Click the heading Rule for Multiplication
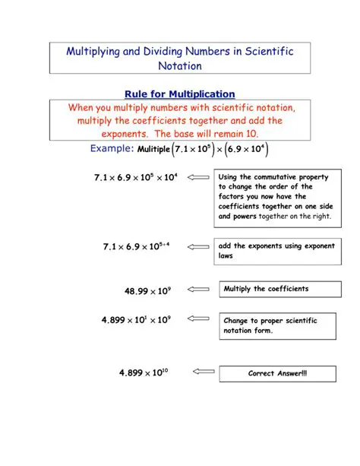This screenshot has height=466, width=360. pos(179,94)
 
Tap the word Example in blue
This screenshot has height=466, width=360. pos(112,148)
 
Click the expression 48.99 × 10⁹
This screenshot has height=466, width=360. pos(147,290)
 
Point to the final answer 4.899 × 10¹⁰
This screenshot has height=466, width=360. pos(144,372)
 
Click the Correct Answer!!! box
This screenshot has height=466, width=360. pos(277,374)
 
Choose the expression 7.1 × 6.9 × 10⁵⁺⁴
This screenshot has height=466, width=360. pos(137,246)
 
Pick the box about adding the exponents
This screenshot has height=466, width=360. pos(276,251)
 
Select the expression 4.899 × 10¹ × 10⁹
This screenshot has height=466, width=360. pos(136,320)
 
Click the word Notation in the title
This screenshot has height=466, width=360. pos(179,66)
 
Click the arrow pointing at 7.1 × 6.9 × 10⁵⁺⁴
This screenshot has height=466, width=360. pos(199,246)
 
